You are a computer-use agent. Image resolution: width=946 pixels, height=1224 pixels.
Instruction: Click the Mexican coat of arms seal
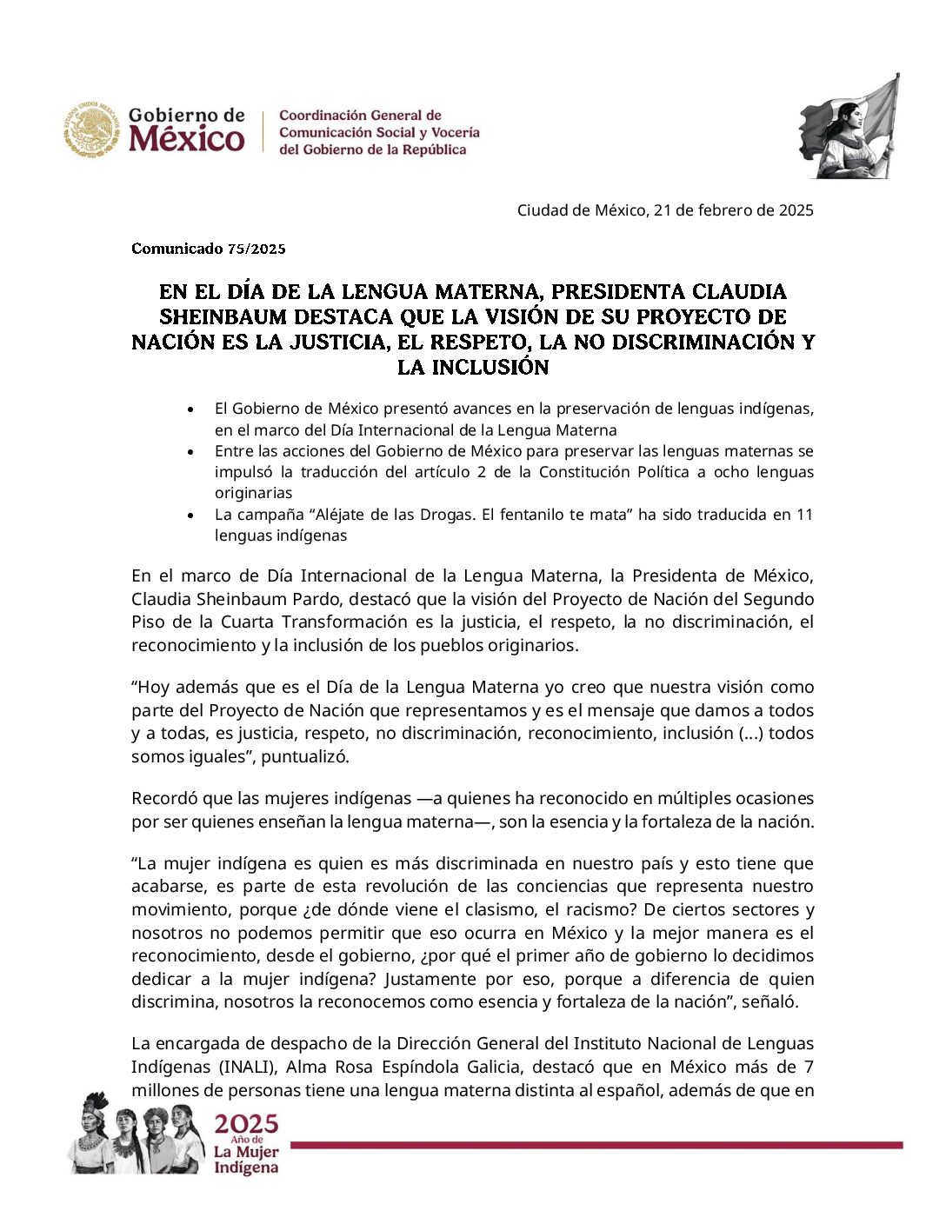90,130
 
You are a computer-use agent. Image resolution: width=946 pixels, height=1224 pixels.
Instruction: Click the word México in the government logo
187,139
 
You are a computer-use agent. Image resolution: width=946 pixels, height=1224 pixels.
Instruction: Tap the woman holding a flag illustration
849,128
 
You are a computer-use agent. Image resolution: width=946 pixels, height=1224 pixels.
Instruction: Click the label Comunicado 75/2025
209,249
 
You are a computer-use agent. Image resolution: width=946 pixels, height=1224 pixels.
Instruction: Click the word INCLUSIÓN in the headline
473,367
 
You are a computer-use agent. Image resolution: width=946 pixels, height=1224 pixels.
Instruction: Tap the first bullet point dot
191,409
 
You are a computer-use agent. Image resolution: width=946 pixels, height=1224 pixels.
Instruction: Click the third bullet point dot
191,515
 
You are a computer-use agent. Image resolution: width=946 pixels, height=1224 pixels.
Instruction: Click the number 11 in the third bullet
804,515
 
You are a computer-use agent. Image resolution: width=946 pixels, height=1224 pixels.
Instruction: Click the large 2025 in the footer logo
247,1124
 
